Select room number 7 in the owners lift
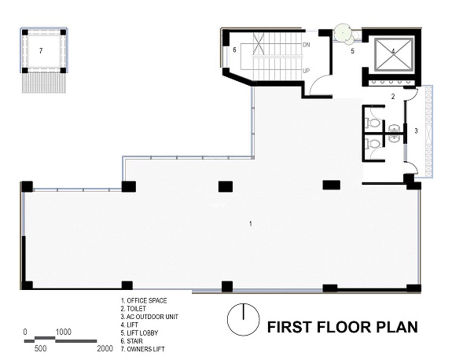[x=41, y=50]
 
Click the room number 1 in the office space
[x=250, y=224]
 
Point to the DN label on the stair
[x=307, y=45]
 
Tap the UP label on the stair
[x=306, y=71]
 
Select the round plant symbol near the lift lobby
[x=343, y=34]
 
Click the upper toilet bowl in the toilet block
[x=373, y=123]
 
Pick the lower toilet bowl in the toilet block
[x=373, y=144]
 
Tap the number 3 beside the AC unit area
[x=416, y=131]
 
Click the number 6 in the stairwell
[x=234, y=50]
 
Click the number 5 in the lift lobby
[x=353, y=51]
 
